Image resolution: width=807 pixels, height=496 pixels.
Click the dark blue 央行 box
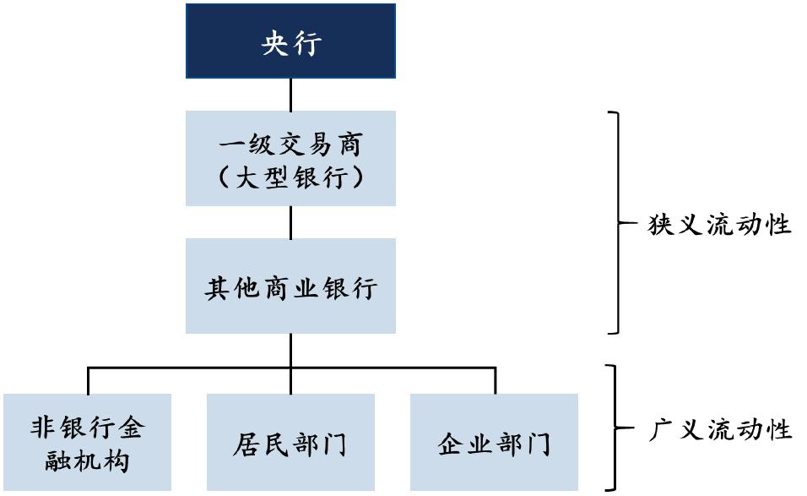pyautogui.click(x=290, y=41)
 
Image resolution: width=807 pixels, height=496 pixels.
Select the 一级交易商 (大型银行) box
pyautogui.click(x=290, y=158)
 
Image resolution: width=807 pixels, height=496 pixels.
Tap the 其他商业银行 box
pyautogui.click(x=290, y=286)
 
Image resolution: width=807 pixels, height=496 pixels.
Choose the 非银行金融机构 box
pyautogui.click(x=87, y=442)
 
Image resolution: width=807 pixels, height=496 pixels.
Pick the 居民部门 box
pyautogui.click(x=290, y=442)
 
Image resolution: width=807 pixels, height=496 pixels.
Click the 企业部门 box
pyautogui.click(x=495, y=442)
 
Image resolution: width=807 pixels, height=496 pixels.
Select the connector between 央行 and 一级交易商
pyautogui.click(x=290, y=95)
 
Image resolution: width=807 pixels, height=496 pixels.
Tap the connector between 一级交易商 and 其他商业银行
pyautogui.click(x=290, y=221)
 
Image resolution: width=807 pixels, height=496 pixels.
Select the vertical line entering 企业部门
pyautogui.click(x=495, y=380)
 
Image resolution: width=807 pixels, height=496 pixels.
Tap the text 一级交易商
pyautogui.click(x=290, y=144)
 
